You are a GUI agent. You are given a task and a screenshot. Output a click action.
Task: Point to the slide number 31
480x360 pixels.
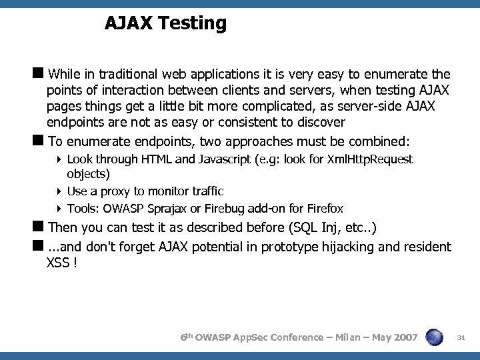tap(460, 338)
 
